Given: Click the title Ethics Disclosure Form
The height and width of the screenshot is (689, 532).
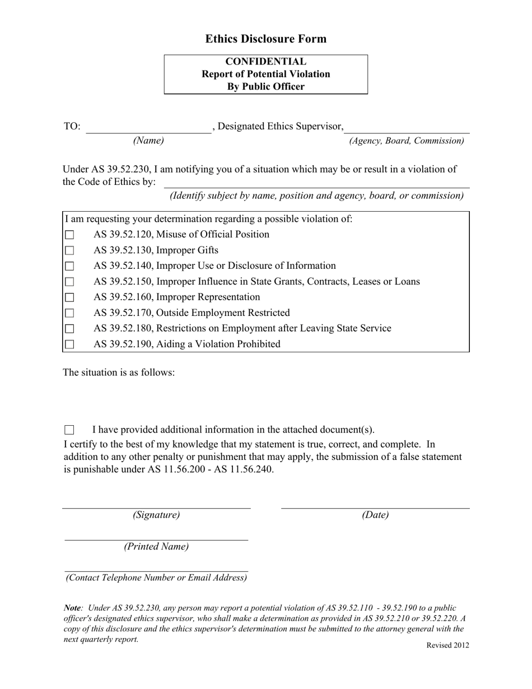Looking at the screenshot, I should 265,39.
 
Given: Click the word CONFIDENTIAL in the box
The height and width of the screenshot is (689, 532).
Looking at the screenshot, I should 265,62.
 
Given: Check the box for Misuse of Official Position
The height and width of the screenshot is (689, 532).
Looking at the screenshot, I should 69,235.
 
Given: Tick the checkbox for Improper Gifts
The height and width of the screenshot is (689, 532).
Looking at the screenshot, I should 69,251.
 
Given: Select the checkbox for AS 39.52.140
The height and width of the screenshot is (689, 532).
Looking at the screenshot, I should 69,267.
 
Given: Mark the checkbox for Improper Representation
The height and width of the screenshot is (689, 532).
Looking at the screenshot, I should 69,298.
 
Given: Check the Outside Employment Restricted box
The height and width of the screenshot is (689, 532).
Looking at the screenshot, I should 69,314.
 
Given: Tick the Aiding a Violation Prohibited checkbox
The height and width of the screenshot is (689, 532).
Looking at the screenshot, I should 69,345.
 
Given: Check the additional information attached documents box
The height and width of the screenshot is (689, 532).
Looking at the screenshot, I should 69,430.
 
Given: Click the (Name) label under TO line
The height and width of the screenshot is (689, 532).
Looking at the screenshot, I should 148,141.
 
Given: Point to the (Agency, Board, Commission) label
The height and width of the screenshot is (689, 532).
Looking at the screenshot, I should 407,141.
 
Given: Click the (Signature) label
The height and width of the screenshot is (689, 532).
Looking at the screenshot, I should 156,515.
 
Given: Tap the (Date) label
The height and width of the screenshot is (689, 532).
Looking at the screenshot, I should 375,515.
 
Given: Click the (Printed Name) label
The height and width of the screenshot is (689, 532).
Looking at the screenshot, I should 156,546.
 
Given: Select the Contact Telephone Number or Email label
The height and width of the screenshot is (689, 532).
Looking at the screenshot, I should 156,578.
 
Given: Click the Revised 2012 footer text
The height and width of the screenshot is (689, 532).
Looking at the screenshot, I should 447,645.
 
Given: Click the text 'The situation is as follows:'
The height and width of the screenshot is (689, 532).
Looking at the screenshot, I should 119,372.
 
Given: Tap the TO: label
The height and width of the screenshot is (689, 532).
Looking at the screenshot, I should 72,127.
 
